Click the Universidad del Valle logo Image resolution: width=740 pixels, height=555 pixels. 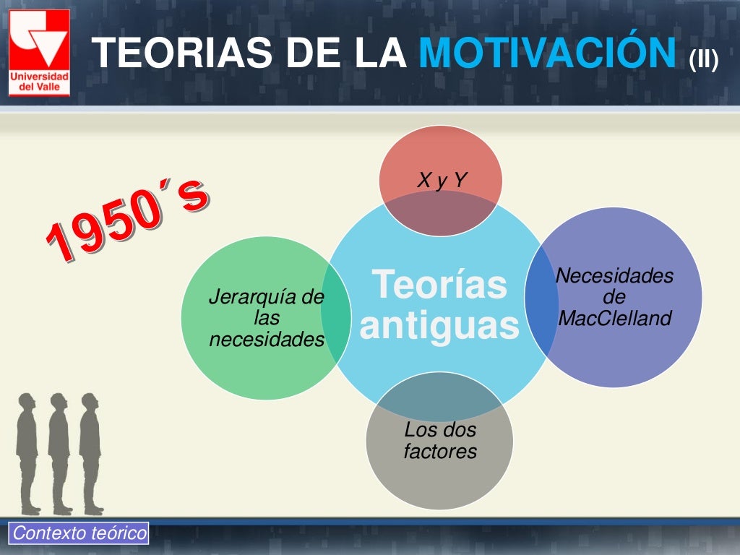40,53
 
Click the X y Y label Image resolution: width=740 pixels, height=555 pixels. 442,180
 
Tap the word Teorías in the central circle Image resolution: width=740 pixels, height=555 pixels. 439,283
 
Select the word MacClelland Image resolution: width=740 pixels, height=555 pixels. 615,318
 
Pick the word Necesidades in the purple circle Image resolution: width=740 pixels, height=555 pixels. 614,275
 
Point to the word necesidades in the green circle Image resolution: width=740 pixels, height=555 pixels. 266,339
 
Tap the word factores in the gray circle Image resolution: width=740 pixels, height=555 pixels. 440,452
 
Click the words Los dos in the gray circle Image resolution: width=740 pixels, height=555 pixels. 440,430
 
